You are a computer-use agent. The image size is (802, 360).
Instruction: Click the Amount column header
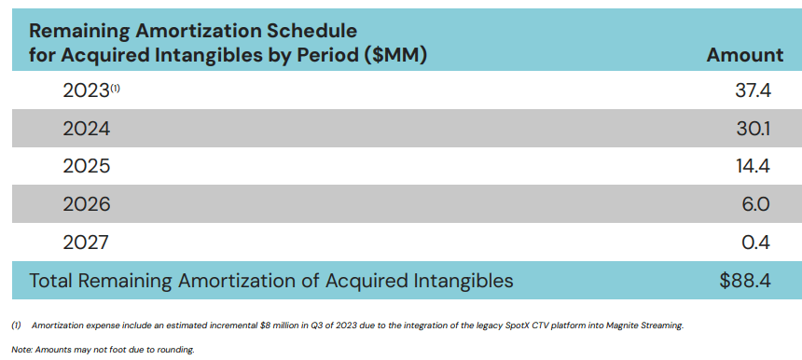pyautogui.click(x=744, y=55)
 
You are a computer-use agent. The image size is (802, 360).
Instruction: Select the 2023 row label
pyautogui.click(x=86, y=91)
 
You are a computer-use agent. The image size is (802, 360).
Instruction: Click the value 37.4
pyautogui.click(x=753, y=91)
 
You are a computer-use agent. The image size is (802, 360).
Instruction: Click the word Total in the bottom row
pyautogui.click(x=55, y=280)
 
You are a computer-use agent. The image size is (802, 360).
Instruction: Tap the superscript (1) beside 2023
pyautogui.click(x=117, y=88)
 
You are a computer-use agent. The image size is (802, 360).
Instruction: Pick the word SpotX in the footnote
pyautogui.click(x=496, y=325)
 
